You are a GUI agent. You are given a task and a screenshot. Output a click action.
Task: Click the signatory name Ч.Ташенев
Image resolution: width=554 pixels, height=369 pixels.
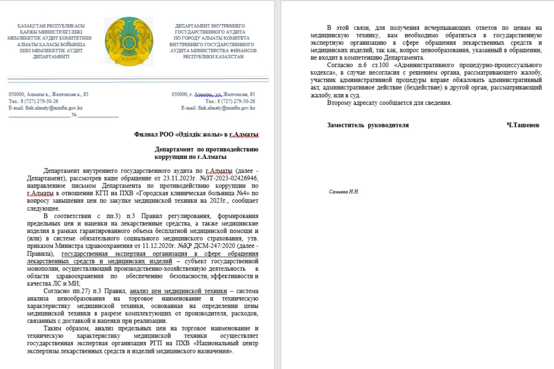pos(522,125)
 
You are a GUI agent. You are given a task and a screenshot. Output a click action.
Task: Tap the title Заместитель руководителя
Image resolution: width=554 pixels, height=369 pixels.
pos(368,125)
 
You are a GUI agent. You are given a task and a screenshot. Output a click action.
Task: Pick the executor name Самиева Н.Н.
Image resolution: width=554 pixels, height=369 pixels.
pos(344,192)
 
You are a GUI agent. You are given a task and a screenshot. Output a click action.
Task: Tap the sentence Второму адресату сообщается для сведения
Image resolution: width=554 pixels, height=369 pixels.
pos(389,103)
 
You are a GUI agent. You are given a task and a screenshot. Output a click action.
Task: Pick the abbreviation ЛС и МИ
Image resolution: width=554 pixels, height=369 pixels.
pos(64,283)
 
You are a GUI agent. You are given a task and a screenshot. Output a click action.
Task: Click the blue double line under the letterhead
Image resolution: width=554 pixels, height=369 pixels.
pos(138,79)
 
